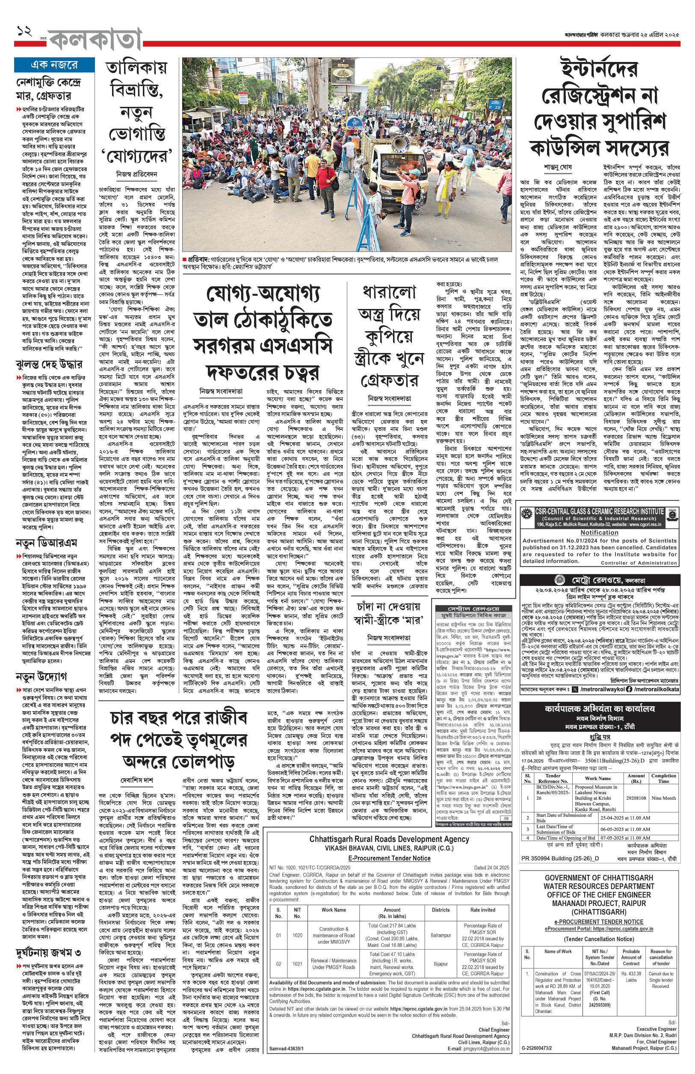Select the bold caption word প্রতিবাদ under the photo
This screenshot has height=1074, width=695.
coord(198,259)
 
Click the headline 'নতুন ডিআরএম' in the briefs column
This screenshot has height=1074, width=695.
coord(46,542)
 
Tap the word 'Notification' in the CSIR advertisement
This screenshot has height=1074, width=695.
coord(599,533)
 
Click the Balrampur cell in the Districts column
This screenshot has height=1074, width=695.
coord(441,935)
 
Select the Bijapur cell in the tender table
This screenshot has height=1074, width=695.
coord(441,964)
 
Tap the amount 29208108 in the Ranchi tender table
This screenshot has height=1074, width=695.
coord(636,798)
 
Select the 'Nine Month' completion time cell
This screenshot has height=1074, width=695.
coord(663,798)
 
